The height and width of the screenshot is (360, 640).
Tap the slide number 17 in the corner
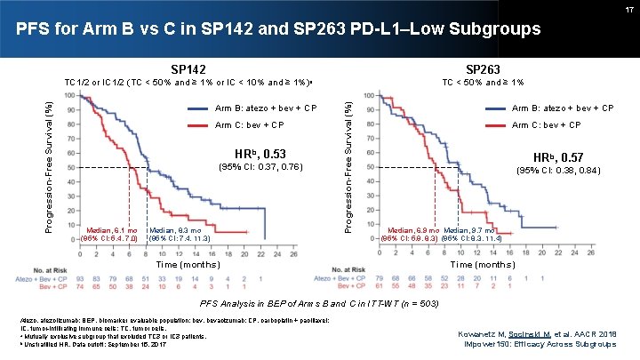click(x=628, y=8)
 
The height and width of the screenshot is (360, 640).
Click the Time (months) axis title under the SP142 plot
click(x=188, y=265)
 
